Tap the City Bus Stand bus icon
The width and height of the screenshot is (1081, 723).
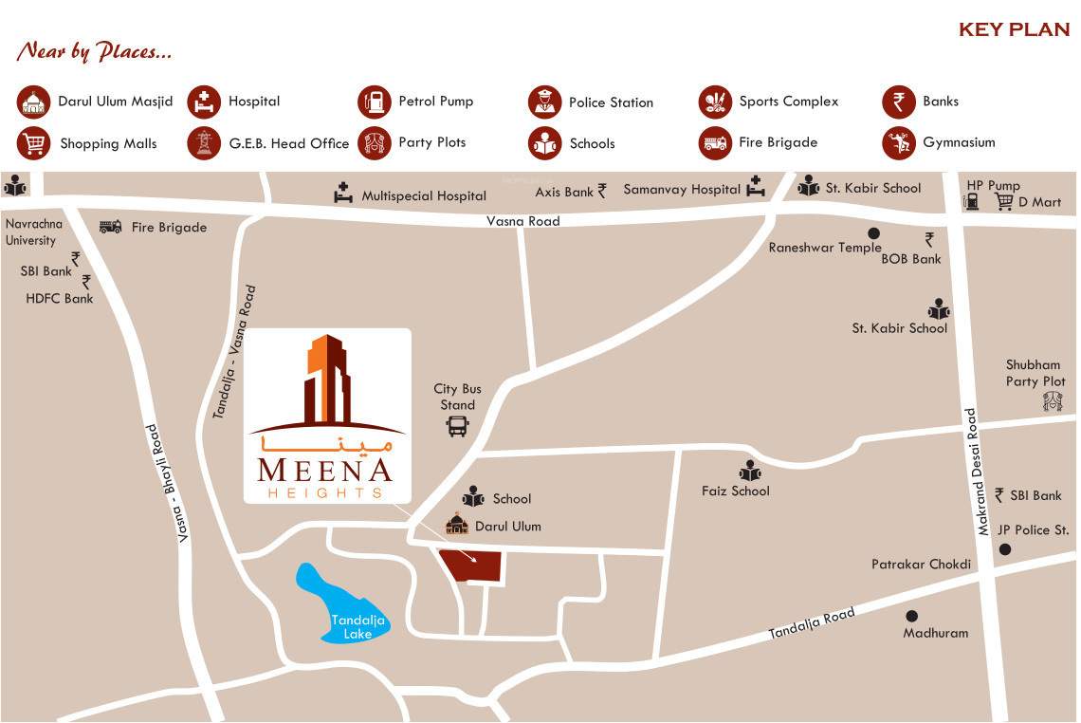click(x=457, y=426)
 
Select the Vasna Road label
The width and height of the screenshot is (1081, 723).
click(x=523, y=221)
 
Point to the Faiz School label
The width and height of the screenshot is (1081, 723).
click(x=736, y=491)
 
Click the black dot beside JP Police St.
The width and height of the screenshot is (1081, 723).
click(x=1005, y=549)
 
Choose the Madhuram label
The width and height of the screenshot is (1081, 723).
click(x=936, y=633)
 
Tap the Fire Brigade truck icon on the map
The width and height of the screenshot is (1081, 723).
click(x=110, y=227)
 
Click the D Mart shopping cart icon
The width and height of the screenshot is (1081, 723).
click(x=1004, y=201)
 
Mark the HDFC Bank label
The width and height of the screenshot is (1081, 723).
click(x=60, y=298)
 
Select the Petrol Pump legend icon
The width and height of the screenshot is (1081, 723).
click(x=375, y=102)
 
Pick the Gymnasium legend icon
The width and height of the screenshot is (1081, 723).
click(x=898, y=143)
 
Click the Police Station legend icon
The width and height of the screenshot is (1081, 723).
click(x=544, y=102)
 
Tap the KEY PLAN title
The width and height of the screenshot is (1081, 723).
click(x=1014, y=29)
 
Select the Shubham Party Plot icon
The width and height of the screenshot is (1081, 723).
click(x=1052, y=401)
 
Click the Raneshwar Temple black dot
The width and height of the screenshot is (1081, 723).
click(x=873, y=232)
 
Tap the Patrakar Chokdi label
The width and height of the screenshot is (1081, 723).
click(x=921, y=565)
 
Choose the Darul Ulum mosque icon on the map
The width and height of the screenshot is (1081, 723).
click(x=457, y=525)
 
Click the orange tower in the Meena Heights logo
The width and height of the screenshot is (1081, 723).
click(x=323, y=375)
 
